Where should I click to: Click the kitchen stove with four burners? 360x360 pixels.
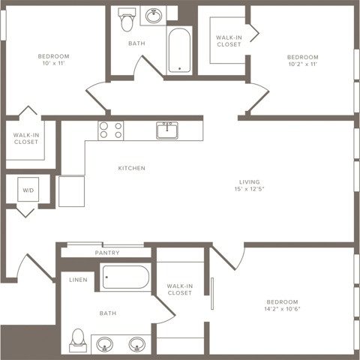[110, 130]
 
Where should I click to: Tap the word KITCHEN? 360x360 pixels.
[131, 168]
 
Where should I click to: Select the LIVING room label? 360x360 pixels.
[249, 181]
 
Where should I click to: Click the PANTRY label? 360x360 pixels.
[107, 253]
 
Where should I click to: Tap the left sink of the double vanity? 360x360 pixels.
[104, 344]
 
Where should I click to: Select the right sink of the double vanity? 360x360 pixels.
[136, 344]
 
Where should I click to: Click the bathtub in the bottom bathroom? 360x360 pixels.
[127, 279]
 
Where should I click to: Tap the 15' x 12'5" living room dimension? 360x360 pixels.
[249, 189]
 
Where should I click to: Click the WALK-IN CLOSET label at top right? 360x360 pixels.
[228, 40]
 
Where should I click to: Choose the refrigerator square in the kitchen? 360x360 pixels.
[72, 191]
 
